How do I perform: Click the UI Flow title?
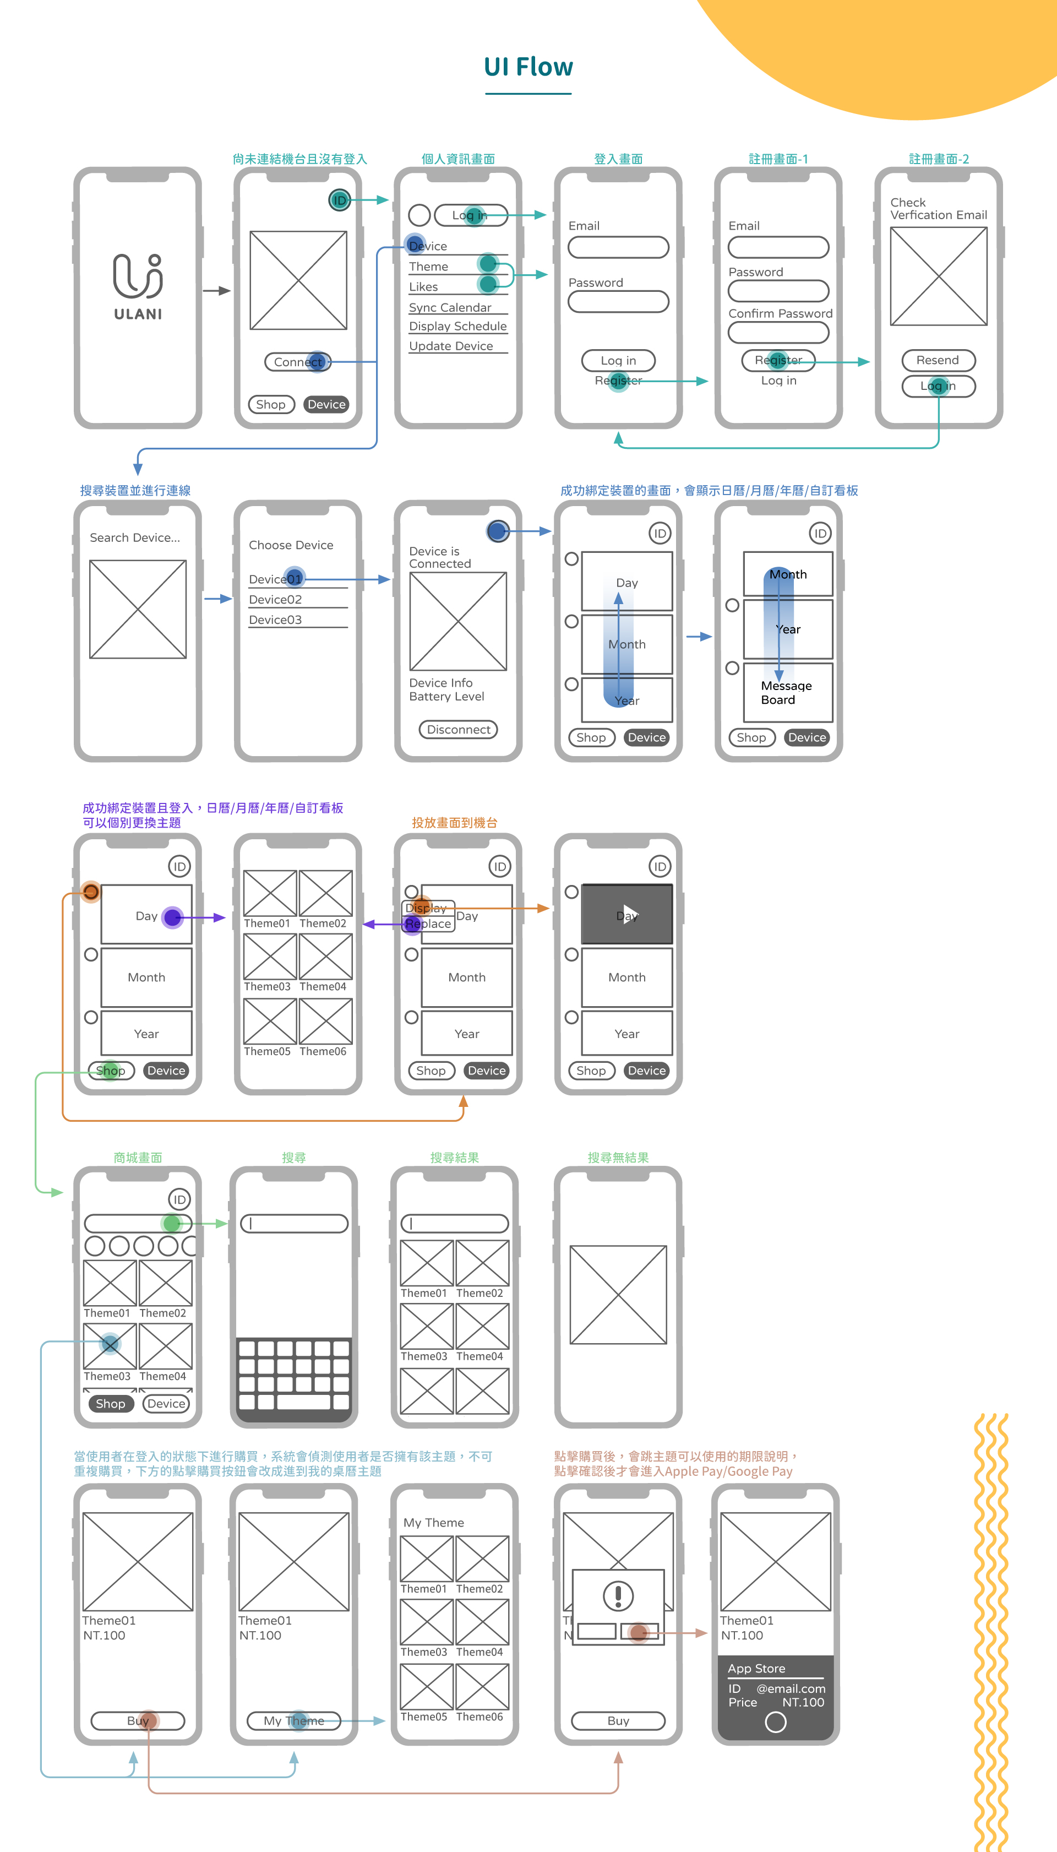point(528,67)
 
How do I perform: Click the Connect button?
point(298,362)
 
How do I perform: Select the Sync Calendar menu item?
point(450,307)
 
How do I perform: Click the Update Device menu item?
point(451,346)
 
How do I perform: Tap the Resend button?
point(938,360)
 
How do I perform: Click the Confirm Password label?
point(781,313)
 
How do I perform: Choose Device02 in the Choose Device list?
point(275,600)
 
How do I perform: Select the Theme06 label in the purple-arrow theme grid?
point(323,1051)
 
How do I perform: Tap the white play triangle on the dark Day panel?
point(629,914)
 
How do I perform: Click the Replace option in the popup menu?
point(428,924)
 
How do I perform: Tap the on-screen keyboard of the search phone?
point(294,1375)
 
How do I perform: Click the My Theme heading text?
point(433,1522)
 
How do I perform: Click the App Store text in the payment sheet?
point(756,1668)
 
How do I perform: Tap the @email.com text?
point(791,1688)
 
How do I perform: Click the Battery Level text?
point(446,696)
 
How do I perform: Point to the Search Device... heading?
point(135,537)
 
